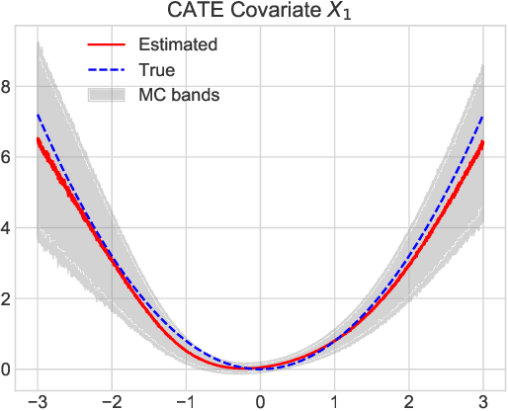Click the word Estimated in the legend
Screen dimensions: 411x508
(x=178, y=44)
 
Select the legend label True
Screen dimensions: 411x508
(x=156, y=70)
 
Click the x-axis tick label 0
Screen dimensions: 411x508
(x=260, y=400)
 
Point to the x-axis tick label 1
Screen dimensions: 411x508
(x=334, y=400)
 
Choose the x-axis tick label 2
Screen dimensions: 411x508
(x=408, y=400)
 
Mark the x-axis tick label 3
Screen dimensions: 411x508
(x=482, y=400)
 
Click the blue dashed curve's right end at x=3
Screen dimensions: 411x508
(x=482, y=116)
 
